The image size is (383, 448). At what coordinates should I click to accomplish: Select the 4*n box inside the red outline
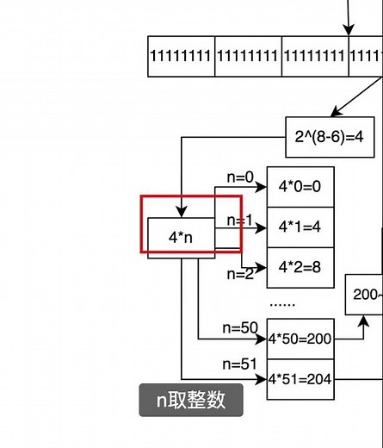[180, 236]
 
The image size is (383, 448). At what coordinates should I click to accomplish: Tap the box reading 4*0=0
[300, 187]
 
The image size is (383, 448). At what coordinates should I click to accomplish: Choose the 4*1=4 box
[300, 227]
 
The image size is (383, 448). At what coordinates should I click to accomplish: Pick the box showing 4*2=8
[300, 267]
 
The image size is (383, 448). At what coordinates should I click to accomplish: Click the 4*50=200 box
[300, 339]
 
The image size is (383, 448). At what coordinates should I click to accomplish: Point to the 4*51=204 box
[300, 379]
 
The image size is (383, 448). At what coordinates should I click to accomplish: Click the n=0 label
[240, 177]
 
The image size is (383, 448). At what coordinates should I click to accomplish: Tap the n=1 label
[240, 221]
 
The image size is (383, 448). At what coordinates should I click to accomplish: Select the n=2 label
[240, 274]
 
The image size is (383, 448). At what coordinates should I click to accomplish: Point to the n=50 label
[240, 327]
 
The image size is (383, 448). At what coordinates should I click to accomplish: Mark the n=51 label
[240, 364]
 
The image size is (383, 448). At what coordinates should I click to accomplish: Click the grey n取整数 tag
[191, 401]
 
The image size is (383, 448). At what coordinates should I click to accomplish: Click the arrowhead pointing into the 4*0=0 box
[262, 187]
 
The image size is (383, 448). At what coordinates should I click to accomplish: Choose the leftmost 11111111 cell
[181, 56]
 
